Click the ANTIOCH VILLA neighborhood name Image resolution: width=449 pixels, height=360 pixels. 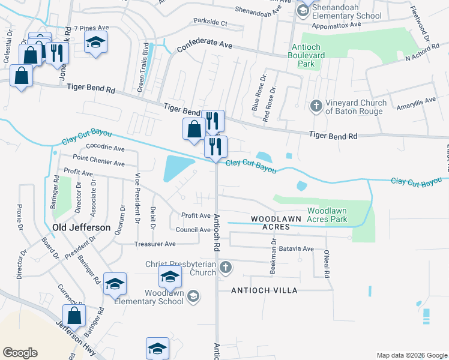click(265, 290)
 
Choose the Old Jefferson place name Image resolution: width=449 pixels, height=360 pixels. click(82, 227)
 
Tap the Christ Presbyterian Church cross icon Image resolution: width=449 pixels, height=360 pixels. click(225, 267)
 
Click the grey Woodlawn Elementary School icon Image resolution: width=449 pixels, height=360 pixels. click(193, 295)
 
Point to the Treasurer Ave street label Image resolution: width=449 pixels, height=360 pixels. click(155, 244)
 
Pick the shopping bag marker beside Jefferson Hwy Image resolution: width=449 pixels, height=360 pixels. click(74, 316)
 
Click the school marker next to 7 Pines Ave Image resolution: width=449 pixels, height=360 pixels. click(94, 42)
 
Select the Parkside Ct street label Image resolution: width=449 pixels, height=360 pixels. click(210, 22)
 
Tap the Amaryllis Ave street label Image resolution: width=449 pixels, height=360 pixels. click(416, 104)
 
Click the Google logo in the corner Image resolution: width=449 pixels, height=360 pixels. click(20, 352)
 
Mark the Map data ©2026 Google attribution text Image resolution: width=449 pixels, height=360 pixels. click(411, 355)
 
